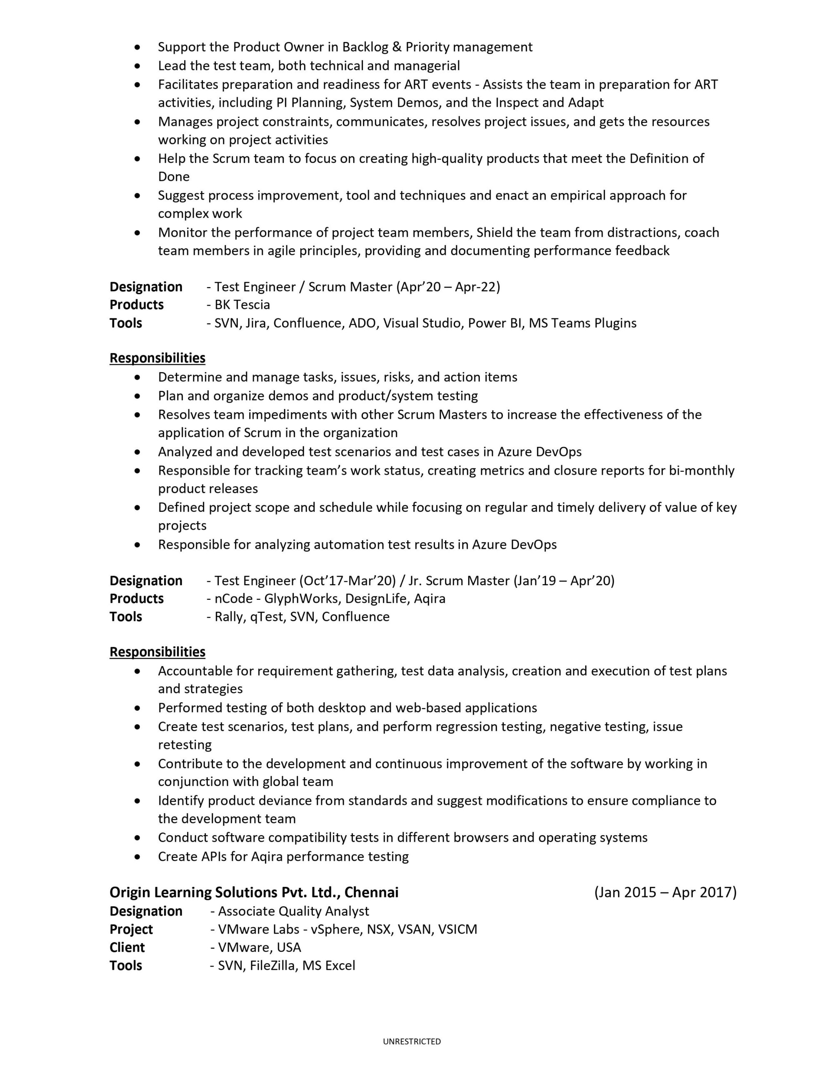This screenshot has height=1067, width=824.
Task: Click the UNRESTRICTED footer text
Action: pos(412,1041)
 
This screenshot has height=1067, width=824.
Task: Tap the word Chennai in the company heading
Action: pos(371,893)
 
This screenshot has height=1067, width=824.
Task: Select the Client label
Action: pos(127,947)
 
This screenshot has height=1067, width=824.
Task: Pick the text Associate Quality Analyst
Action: pos(294,911)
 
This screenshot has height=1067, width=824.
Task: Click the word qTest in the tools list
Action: pos(267,617)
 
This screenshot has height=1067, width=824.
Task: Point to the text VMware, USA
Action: pos(260,947)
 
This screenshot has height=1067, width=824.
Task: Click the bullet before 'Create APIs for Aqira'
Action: pos(139,857)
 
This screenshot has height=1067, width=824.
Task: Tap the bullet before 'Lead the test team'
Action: pos(139,66)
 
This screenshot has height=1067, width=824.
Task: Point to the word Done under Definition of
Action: pos(173,176)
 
